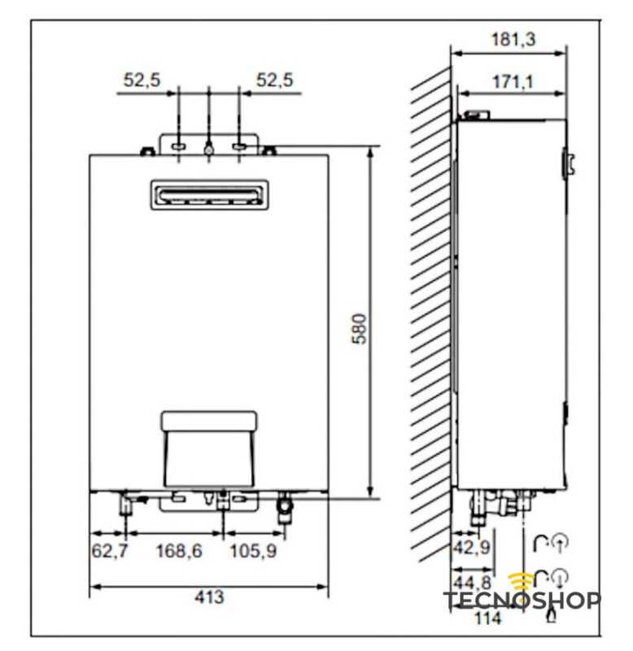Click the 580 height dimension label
click(x=360, y=329)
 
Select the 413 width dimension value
click(x=209, y=597)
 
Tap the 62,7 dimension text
click(x=110, y=551)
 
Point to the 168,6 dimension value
click(x=179, y=551)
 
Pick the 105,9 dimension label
click(x=253, y=551)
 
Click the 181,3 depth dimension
click(x=513, y=39)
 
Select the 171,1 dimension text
click(x=513, y=81)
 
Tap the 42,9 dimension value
click(x=472, y=547)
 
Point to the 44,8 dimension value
click(x=473, y=582)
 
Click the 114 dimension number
click(x=488, y=618)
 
